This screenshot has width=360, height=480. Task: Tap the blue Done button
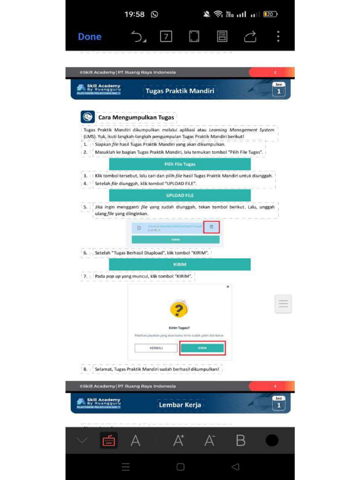90,37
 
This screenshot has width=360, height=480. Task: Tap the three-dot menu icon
278,37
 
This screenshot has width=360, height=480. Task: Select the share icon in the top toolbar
250,37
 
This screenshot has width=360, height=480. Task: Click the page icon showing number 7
166,37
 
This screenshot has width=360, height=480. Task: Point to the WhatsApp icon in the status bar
155,15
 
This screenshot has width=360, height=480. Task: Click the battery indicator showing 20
270,15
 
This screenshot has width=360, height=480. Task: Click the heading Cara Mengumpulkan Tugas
136,117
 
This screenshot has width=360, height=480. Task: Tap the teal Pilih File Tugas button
180,164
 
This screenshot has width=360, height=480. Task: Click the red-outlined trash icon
211,227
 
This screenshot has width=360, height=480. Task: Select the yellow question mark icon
179,309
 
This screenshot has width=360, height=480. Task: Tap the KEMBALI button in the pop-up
156,348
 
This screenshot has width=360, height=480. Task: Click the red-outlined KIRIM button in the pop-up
202,348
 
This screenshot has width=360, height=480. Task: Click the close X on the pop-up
228,286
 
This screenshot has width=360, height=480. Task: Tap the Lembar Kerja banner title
180,405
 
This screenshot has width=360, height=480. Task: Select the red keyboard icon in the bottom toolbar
109,441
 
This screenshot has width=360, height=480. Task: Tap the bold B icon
240,441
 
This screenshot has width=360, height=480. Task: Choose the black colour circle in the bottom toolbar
272,441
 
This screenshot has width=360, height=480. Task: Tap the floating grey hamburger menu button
283,304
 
